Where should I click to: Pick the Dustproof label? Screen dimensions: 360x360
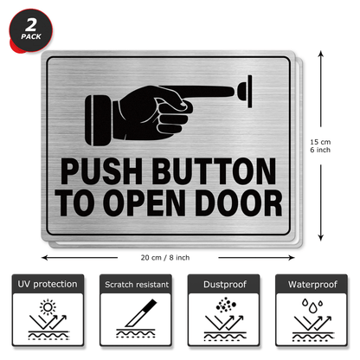tap(223, 283)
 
